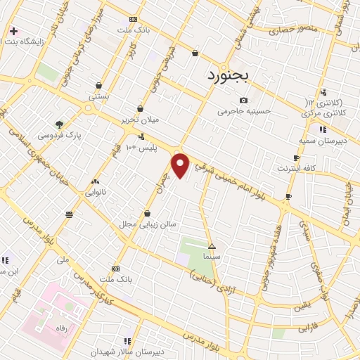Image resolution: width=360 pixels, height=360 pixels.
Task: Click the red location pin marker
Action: [x=181, y=165]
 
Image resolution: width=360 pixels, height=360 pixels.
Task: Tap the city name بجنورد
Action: [x=232, y=75]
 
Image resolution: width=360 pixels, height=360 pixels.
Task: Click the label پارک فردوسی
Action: [x=60, y=134]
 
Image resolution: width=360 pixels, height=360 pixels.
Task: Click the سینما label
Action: [x=212, y=257]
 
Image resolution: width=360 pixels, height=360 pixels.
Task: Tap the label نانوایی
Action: [x=96, y=191]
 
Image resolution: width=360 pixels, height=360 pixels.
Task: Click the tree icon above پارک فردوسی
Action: [x=59, y=124]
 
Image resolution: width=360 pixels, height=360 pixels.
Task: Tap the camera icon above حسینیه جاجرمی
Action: [x=243, y=100]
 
